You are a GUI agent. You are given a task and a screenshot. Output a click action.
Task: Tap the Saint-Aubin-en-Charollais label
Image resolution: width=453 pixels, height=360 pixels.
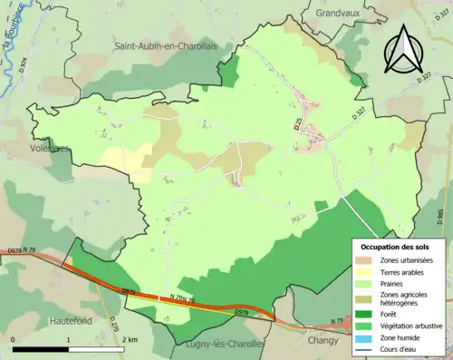170,44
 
